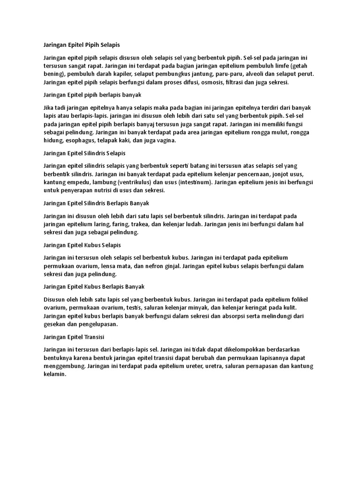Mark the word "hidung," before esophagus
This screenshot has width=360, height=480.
[x=54, y=141]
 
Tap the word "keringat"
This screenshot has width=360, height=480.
[x=251, y=307]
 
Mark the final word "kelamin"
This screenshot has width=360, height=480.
[x=54, y=375]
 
